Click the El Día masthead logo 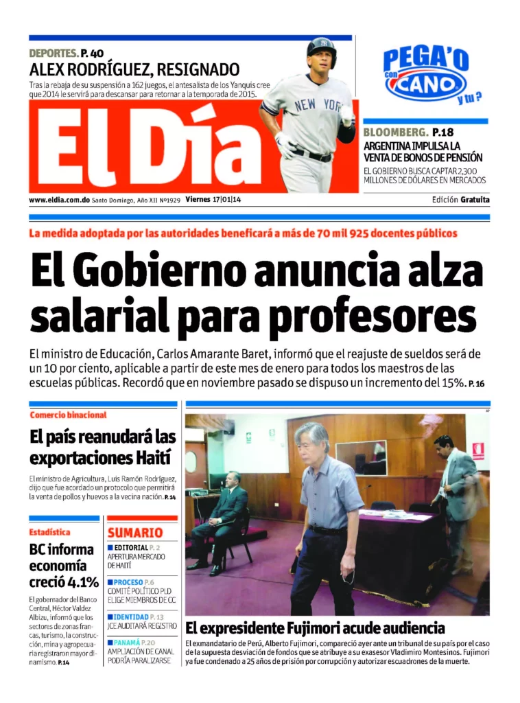[x=144, y=148]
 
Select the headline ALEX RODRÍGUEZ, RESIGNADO [x=134, y=69]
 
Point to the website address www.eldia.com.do [x=60, y=200]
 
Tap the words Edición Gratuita [x=461, y=200]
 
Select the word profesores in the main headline [x=372, y=316]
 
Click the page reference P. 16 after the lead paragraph [x=477, y=383]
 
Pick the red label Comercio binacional [x=69, y=415]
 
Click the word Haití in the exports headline [x=152, y=457]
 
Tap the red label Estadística [x=49, y=531]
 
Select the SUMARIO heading [x=135, y=533]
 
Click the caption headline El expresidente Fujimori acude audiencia [x=315, y=627]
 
